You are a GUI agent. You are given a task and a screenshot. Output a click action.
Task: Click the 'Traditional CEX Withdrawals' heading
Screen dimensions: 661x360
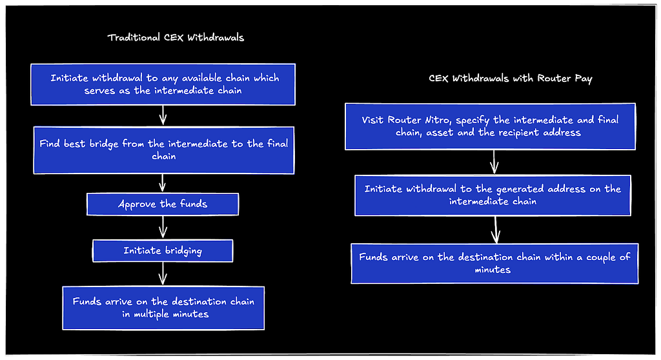tap(176, 37)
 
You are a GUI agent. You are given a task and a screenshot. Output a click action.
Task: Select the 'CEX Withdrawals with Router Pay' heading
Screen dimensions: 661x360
tap(511, 79)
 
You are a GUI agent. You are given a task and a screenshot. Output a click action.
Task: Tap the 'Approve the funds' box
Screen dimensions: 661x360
tap(163, 205)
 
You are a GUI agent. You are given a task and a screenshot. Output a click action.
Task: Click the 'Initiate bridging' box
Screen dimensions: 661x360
tap(163, 251)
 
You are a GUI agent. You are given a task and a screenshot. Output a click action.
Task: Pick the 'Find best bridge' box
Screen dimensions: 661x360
tap(164, 150)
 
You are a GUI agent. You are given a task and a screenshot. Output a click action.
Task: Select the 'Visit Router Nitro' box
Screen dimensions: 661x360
tap(491, 126)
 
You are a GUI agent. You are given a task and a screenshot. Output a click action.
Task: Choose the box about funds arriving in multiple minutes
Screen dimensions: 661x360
tap(163, 308)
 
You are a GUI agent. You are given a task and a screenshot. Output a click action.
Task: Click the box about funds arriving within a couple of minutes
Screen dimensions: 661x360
tap(494, 263)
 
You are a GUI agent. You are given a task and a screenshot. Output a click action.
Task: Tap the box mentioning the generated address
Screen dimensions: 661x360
tap(493, 195)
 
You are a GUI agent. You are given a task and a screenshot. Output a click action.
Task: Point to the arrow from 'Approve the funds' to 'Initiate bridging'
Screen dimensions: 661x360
tap(163, 228)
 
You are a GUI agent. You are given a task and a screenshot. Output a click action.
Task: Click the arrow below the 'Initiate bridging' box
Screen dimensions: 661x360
tap(163, 274)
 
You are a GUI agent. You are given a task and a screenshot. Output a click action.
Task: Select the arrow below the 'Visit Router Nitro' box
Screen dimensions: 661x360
tap(494, 163)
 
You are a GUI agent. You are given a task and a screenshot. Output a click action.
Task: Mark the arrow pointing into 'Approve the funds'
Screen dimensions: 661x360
tap(162, 183)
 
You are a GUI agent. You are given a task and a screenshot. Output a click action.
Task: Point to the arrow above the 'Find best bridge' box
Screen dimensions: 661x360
tap(163, 115)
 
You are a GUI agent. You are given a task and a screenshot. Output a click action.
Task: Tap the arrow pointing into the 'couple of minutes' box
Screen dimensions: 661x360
tap(496, 230)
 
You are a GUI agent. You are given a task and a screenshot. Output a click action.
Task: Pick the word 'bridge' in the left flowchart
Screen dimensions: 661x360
tap(104, 144)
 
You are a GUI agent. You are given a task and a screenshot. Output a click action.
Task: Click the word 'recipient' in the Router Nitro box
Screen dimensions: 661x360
tap(519, 133)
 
